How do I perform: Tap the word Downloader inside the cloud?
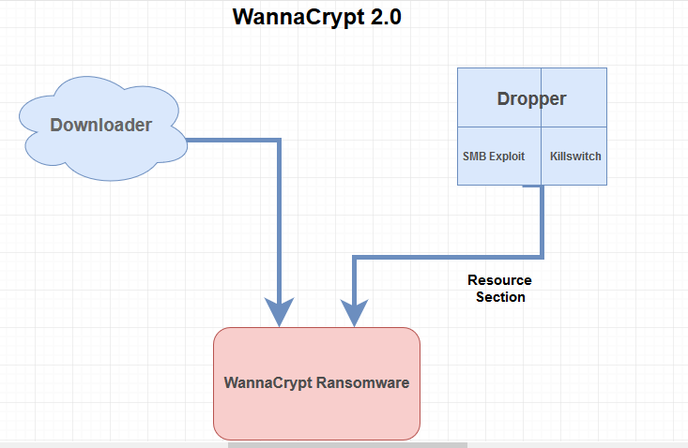(x=100, y=124)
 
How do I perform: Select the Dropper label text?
(x=531, y=98)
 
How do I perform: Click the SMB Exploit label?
(x=494, y=157)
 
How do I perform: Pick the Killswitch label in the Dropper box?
(x=575, y=157)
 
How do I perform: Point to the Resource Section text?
(x=499, y=289)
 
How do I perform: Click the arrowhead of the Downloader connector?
(x=280, y=313)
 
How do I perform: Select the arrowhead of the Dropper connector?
(x=354, y=313)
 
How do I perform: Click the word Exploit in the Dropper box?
(x=507, y=157)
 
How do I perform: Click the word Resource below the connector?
(x=499, y=280)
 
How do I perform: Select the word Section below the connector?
(x=500, y=297)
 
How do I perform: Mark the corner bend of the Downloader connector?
(x=280, y=141)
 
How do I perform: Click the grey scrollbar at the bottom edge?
(x=347, y=444)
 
